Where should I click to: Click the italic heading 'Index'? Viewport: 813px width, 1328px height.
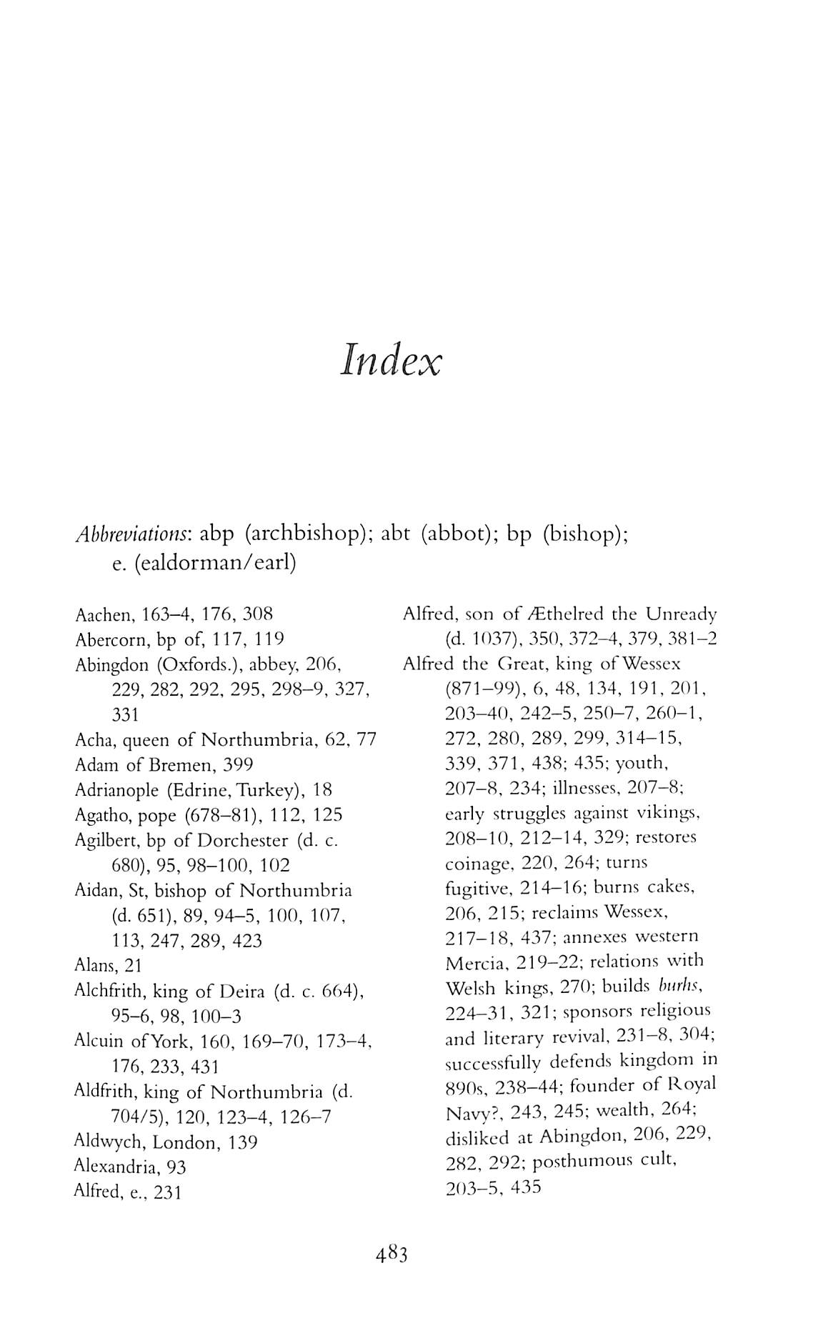(391, 360)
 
